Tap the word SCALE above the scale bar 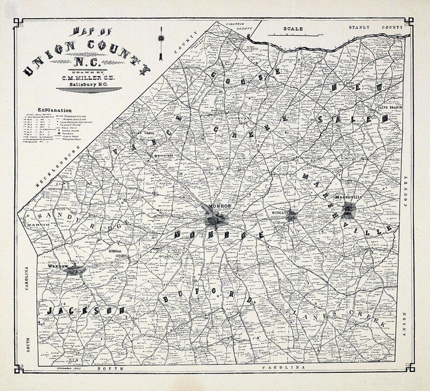(293, 29)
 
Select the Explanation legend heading (55, 110)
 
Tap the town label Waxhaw (56, 266)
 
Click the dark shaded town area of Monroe (216, 219)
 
